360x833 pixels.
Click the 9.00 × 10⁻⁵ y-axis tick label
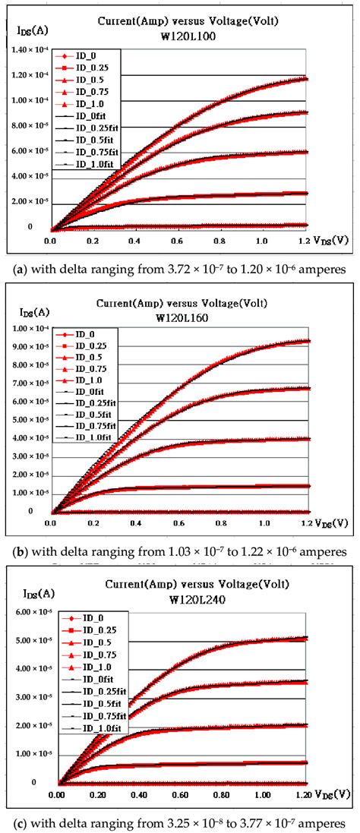click(x=27, y=347)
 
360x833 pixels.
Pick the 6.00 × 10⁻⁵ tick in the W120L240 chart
click(x=27, y=613)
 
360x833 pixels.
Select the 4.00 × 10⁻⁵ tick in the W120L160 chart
click(x=27, y=438)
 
